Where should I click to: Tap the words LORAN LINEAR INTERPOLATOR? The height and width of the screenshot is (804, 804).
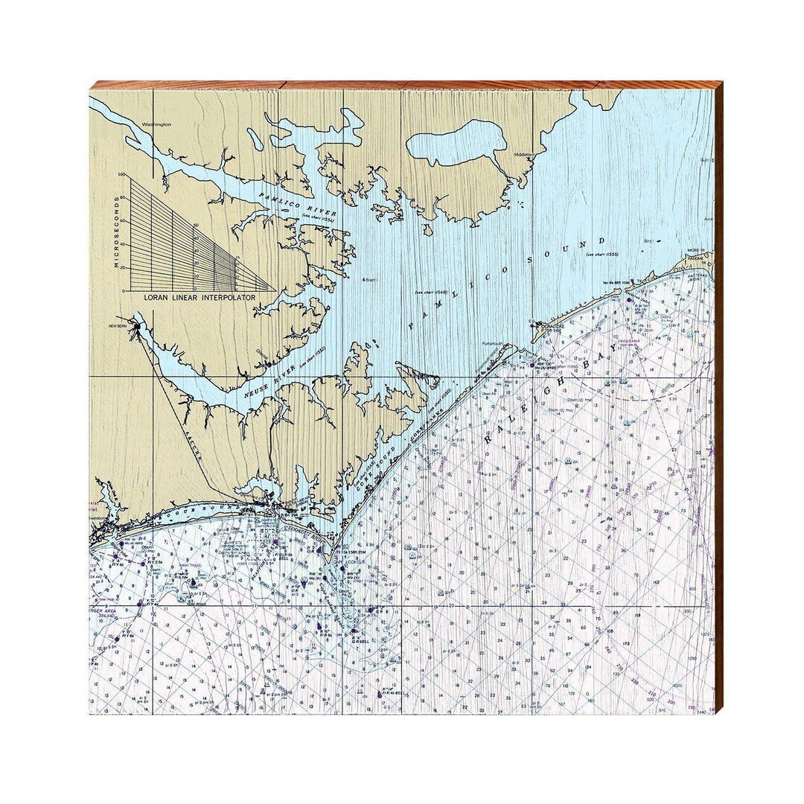pyautogui.click(x=200, y=296)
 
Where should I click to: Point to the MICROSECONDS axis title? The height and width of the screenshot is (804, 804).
pyautogui.click(x=117, y=232)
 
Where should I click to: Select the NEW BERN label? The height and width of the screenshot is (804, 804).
pyautogui.click(x=119, y=327)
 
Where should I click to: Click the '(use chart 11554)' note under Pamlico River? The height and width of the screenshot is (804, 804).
pyautogui.click(x=318, y=217)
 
